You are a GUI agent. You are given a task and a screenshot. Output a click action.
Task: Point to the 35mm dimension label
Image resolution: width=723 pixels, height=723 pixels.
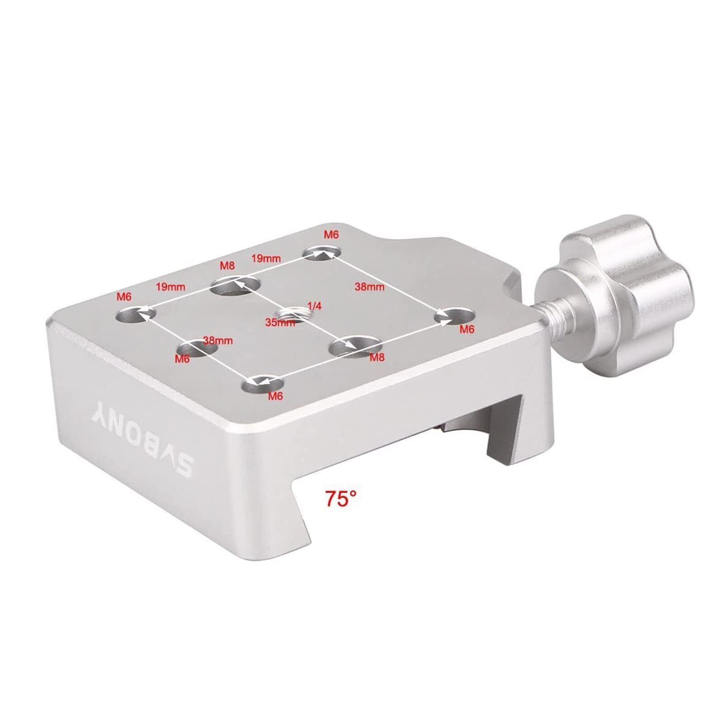coord(280,323)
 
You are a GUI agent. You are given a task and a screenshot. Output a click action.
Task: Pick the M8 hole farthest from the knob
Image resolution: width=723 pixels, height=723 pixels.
coord(235,286)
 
